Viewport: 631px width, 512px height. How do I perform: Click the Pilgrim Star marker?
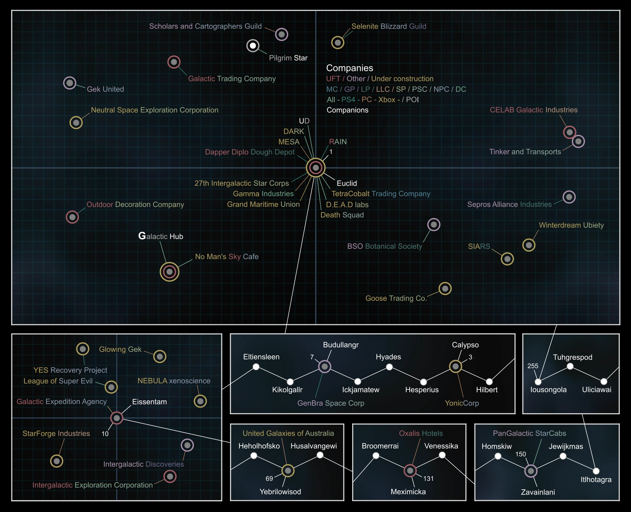coord(253,46)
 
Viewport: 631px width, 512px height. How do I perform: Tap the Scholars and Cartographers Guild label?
coord(205,26)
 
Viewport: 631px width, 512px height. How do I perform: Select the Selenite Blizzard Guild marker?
coord(337,43)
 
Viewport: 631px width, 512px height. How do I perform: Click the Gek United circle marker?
coord(69,83)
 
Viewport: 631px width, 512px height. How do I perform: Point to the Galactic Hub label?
coord(161,236)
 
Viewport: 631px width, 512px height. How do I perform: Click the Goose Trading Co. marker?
coord(445,289)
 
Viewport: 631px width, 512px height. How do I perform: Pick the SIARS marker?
coord(507,259)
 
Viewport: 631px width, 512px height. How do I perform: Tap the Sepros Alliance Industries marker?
coord(569,197)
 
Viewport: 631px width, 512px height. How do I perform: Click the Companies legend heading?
coord(349,68)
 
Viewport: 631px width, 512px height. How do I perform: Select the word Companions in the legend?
coord(347,110)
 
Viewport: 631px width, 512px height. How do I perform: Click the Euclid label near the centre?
coord(347,183)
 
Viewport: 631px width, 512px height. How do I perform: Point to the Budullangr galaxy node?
coord(325,366)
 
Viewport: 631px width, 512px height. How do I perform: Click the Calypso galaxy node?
coord(455,366)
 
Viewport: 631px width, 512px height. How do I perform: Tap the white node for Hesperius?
coord(423,382)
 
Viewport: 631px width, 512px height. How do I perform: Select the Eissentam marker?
coord(117,418)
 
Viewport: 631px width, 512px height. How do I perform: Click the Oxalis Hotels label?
coord(421,433)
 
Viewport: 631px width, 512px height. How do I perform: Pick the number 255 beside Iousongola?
coord(533,366)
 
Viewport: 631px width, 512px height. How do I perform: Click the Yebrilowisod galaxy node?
coord(288,471)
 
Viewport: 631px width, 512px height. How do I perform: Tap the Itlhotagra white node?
coord(596,471)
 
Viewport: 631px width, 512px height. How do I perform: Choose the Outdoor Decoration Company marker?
coord(72,217)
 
